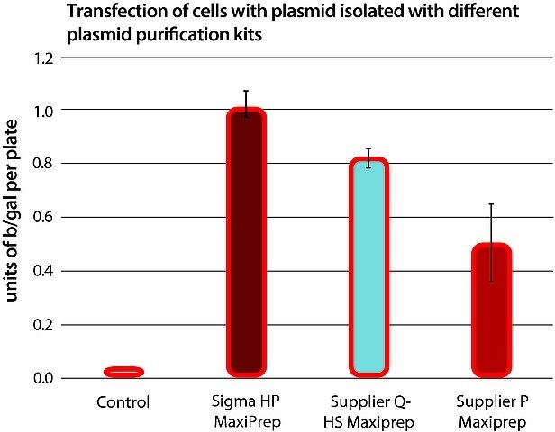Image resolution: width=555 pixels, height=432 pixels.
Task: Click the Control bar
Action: tap(123, 372)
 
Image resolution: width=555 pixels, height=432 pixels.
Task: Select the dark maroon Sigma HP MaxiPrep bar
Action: tap(246, 242)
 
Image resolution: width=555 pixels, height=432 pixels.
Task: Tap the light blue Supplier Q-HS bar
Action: tap(369, 267)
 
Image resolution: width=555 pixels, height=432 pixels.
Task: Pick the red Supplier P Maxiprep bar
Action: tap(492, 310)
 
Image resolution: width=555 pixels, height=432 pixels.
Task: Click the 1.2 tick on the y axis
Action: tap(43, 58)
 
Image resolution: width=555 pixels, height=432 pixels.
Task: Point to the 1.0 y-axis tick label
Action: tap(43, 112)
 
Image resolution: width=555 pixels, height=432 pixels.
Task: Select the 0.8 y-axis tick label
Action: tap(43, 164)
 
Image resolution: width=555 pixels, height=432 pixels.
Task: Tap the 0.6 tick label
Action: tap(43, 218)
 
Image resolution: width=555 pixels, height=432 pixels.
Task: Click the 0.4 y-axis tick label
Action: tap(43, 272)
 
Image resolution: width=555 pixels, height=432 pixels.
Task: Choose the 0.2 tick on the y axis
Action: tap(43, 325)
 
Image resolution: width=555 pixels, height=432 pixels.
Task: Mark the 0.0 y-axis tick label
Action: tap(43, 378)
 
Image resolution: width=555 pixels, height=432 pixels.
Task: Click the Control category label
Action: tap(123, 402)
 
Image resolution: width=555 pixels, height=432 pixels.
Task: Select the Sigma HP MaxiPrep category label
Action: tap(246, 411)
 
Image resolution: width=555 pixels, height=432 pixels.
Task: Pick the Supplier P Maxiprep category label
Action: tap(492, 411)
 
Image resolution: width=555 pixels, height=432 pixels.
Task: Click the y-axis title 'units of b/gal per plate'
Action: tap(12, 211)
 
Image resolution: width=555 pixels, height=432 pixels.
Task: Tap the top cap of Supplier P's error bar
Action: tap(491, 204)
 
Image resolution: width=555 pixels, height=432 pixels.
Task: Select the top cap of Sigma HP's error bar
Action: tap(246, 91)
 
